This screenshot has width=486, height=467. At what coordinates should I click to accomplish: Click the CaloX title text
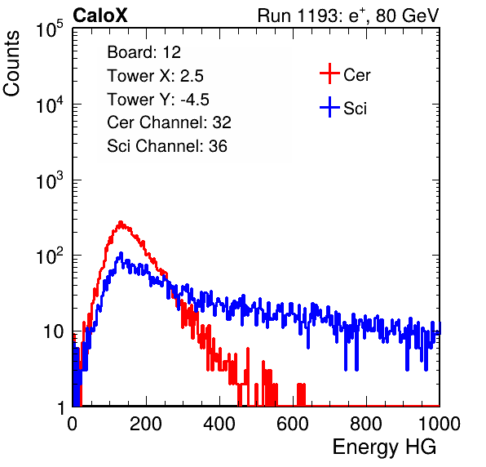99,15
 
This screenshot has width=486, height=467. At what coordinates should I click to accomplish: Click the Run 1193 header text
348,16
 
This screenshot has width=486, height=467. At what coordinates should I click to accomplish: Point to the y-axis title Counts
11,64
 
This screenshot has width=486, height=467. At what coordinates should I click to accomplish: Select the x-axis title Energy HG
384,447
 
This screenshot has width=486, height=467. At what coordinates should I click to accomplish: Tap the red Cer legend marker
329,73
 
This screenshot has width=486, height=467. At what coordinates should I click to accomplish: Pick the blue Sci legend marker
329,107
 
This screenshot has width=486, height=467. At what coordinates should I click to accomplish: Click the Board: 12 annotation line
144,52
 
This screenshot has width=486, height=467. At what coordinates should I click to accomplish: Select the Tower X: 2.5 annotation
155,76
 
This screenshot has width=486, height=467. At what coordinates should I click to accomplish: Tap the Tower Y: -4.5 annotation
158,100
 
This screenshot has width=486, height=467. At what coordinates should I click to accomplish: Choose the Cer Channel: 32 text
170,122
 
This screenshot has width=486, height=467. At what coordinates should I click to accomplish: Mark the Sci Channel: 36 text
167,146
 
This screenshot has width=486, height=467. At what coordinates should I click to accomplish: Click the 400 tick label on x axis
219,424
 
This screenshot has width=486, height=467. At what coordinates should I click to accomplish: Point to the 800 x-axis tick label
366,424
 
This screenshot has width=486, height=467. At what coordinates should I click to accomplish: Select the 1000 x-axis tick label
440,424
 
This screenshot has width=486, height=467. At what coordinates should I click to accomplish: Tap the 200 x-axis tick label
146,424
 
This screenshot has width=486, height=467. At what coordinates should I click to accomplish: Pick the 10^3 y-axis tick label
50,180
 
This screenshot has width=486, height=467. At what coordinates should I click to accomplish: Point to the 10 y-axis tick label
53,331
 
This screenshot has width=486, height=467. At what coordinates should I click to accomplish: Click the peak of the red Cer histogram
121,222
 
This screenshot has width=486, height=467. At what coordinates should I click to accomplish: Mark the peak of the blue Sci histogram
121,254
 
